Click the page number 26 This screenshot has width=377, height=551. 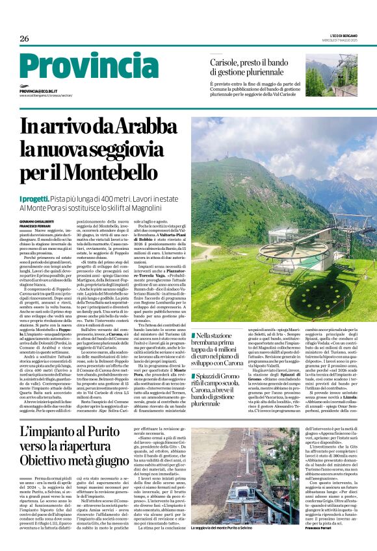[x=24, y=39]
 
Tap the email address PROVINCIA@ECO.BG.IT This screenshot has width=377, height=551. [x=47, y=92]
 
